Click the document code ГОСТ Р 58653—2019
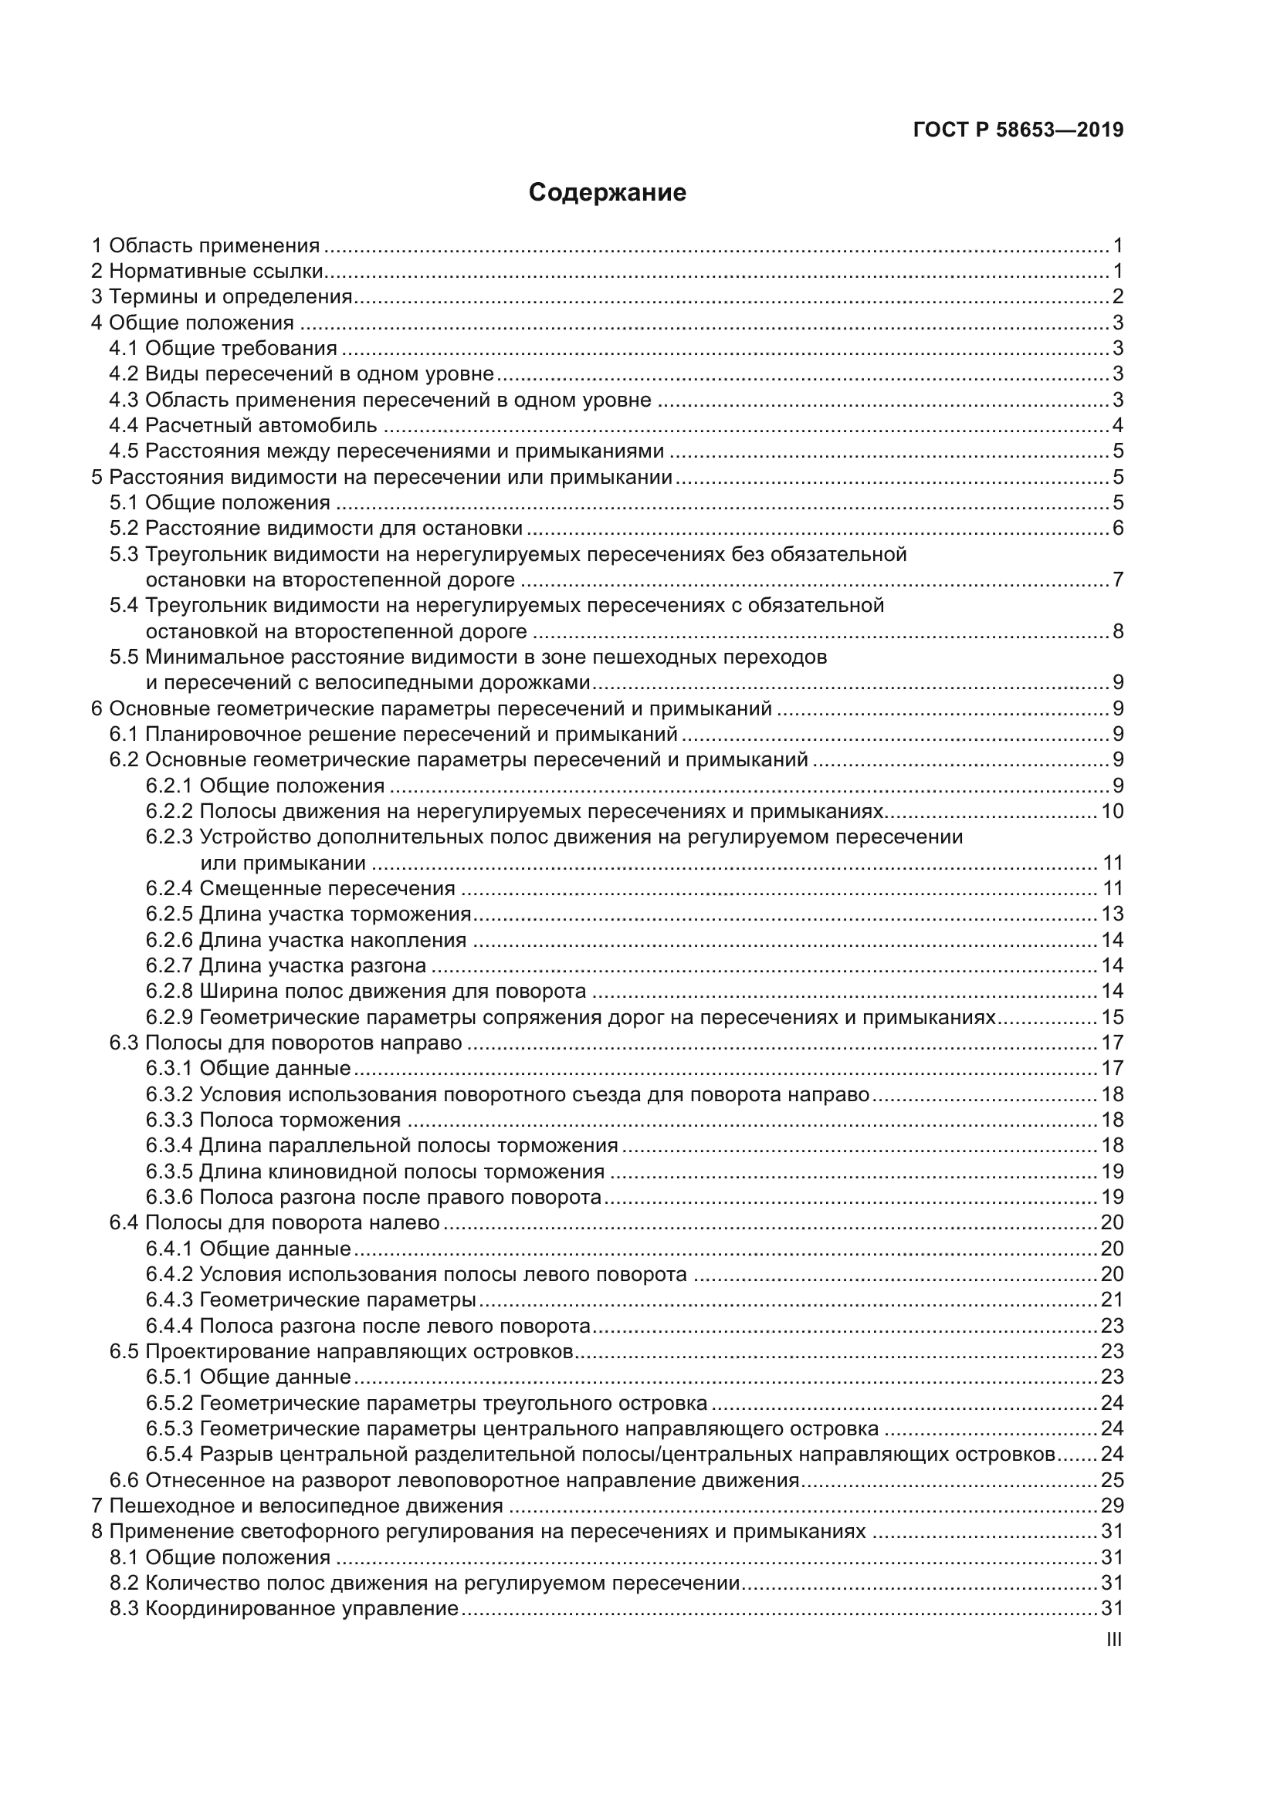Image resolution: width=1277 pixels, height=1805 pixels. click(1018, 130)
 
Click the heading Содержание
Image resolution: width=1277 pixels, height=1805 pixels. click(607, 193)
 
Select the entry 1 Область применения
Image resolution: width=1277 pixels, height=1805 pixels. click(205, 246)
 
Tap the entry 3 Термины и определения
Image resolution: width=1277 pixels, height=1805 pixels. click(222, 297)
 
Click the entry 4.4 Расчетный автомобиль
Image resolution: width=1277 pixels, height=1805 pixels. click(243, 426)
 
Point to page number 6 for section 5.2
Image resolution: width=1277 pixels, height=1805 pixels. click(1117, 529)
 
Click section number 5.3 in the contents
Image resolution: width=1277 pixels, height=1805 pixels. click(124, 555)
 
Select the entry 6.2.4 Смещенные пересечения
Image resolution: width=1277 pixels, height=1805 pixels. click(300, 889)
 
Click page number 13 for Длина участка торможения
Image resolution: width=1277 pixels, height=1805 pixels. click(1112, 914)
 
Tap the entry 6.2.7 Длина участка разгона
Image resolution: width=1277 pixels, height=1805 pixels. click(286, 966)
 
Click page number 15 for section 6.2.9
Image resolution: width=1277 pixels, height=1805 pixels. click(1112, 1018)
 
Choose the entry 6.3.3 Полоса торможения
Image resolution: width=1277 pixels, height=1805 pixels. click(273, 1121)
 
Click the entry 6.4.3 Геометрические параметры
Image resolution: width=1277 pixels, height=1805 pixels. click(310, 1300)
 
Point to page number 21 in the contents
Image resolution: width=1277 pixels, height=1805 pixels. click(1112, 1300)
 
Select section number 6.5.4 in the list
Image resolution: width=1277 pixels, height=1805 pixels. click(169, 1455)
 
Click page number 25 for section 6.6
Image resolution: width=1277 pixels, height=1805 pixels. click(1112, 1481)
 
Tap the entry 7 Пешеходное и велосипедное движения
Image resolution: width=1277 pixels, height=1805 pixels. click(297, 1506)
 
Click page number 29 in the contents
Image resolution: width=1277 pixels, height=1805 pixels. click(1112, 1506)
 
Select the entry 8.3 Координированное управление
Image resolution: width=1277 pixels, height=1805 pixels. click(284, 1609)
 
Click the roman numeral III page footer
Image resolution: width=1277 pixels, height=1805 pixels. click(1113, 1640)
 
